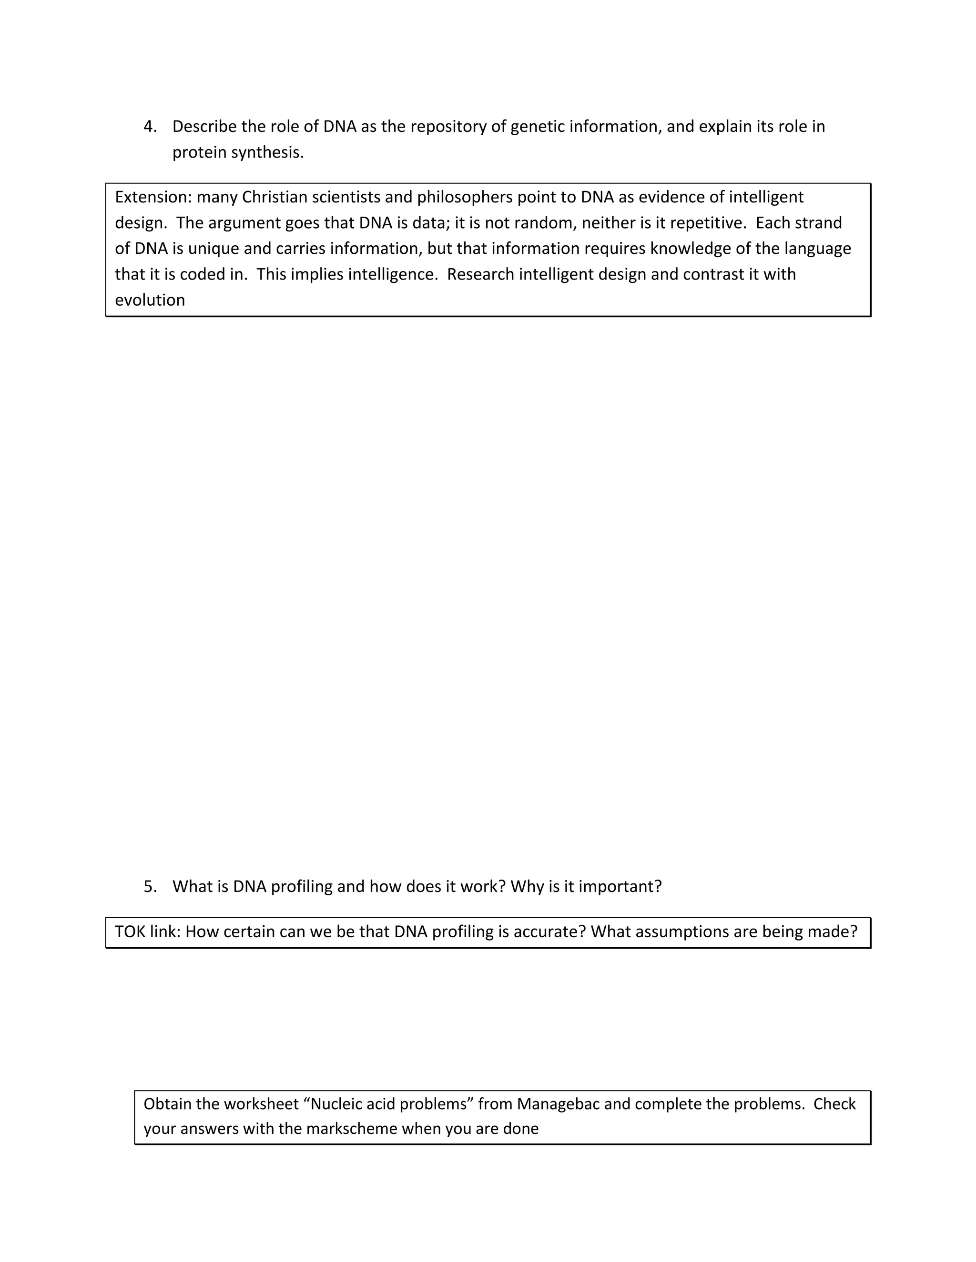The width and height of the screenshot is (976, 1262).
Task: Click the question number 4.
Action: click(150, 127)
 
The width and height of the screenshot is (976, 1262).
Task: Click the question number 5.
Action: click(150, 886)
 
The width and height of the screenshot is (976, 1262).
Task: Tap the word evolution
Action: click(150, 300)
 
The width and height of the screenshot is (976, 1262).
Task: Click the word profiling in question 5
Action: click(302, 886)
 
